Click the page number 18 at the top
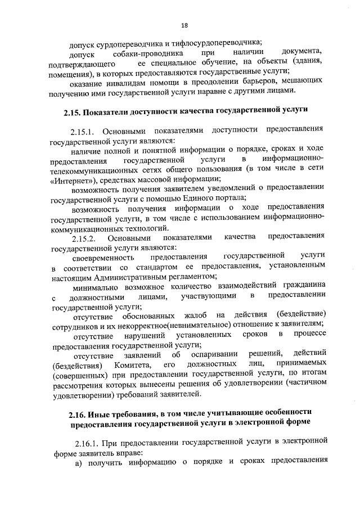click(x=184, y=25)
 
